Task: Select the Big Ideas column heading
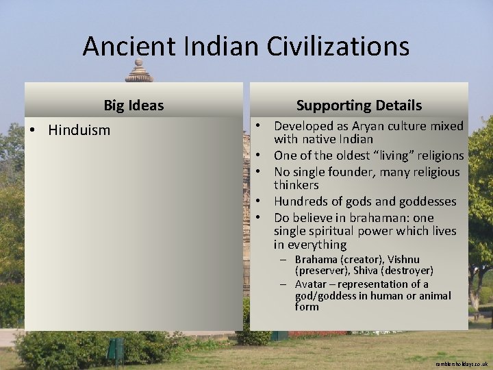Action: pyautogui.click(x=134, y=106)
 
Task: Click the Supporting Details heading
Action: pyautogui.click(x=359, y=106)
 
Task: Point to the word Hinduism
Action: pyautogui.click(x=79, y=130)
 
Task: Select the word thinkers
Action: pyautogui.click(x=296, y=185)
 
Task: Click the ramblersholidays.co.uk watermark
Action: pyautogui.click(x=462, y=363)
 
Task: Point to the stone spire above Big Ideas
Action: pyautogui.click(x=139, y=71)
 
